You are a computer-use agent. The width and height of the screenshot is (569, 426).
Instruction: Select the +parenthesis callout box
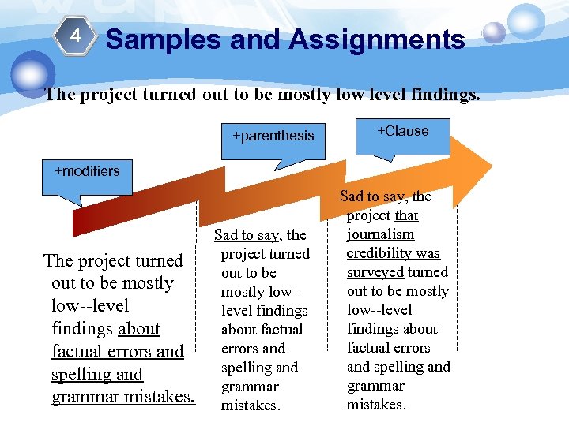[x=273, y=136]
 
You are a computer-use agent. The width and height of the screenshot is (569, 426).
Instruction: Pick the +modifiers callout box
[x=87, y=171]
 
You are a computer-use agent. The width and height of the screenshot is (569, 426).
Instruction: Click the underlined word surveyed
[x=375, y=272]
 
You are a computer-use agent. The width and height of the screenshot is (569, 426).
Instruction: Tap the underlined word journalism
[x=380, y=234]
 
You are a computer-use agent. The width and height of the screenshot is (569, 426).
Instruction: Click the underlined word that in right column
[x=406, y=215]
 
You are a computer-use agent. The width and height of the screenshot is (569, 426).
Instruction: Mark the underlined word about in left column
[x=138, y=329]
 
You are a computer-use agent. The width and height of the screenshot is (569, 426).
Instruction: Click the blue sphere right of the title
[x=494, y=32]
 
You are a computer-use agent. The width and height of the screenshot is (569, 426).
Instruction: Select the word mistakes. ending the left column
[x=158, y=397]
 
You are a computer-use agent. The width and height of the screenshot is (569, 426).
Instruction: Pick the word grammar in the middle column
[x=250, y=387]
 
